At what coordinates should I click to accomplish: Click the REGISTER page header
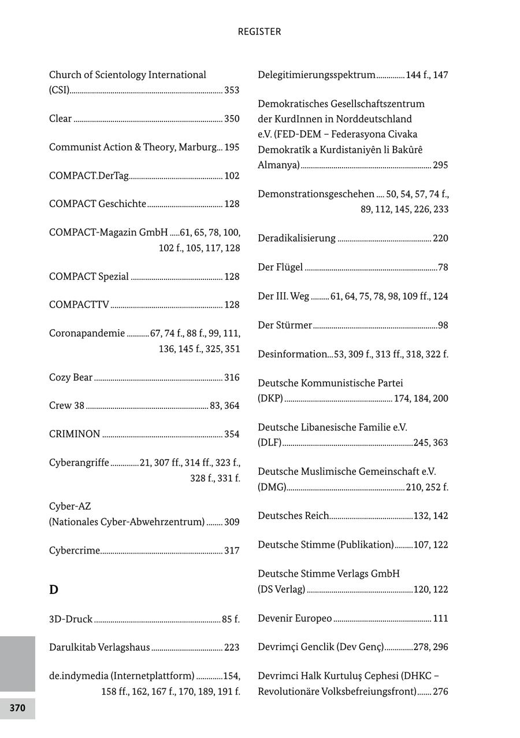coord(259,32)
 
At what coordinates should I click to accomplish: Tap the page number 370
coord(17,708)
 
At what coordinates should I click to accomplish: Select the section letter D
coord(54,589)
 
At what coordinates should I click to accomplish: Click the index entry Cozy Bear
coord(70,378)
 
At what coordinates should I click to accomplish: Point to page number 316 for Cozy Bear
coord(232,378)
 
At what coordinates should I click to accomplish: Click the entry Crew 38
coord(66,405)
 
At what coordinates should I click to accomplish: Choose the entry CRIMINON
coord(75,434)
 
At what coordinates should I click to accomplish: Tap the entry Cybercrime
coord(75,551)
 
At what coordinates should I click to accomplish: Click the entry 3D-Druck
coord(70,619)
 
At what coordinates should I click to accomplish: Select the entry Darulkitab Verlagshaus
coord(99,647)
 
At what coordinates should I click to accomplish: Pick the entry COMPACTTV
coord(79,305)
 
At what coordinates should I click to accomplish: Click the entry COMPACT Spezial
coord(89,276)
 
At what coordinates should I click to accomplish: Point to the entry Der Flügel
coord(280,267)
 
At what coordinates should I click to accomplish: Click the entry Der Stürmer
coord(285,325)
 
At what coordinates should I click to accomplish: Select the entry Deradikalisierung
coord(296,238)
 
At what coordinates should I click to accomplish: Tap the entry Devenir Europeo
coord(295,618)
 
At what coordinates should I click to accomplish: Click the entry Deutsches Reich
coord(293,516)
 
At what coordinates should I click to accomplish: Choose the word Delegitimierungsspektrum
coord(317,75)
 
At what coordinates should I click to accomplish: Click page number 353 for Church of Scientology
coord(232,90)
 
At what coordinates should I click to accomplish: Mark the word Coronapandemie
coord(87,333)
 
